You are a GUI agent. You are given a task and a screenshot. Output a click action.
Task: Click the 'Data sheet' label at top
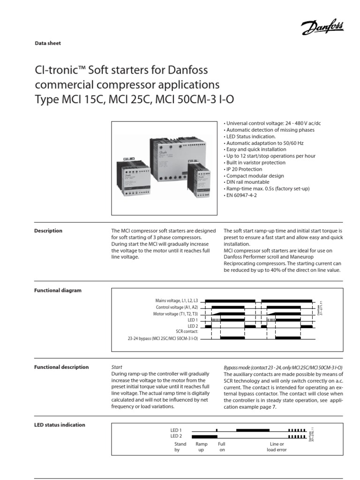click(48, 43)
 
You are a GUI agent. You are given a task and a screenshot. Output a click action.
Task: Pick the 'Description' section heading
click(48, 231)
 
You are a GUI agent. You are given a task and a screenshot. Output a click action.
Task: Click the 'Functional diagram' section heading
click(58, 290)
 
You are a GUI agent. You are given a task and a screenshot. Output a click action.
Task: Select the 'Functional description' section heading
click(61, 367)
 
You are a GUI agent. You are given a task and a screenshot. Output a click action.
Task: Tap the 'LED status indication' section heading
click(60, 425)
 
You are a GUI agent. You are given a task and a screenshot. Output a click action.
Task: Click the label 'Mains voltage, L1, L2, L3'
click(177, 300)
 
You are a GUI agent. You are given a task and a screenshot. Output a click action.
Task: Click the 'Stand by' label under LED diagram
click(180, 447)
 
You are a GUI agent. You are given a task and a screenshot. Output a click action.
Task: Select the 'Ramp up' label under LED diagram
click(202, 447)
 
